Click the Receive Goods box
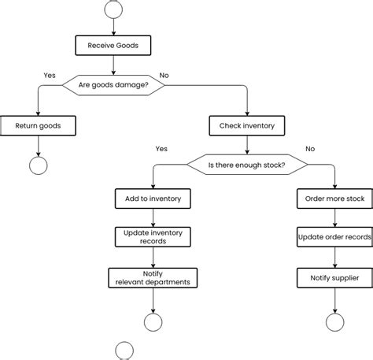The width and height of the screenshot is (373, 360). [113, 46]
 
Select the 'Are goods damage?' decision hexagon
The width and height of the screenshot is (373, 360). [113, 85]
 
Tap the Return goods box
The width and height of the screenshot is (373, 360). [38, 125]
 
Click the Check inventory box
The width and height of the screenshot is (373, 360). [247, 125]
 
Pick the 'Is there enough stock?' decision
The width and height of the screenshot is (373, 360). [246, 165]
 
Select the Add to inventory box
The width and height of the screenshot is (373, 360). [153, 199]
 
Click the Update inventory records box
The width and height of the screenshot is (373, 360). [153, 236]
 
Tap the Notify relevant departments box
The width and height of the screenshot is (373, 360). [153, 277]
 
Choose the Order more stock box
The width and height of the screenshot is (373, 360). [334, 199]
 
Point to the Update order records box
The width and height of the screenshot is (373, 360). [334, 236]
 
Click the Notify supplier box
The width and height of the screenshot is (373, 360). [334, 277]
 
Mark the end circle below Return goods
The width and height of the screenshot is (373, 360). [38, 165]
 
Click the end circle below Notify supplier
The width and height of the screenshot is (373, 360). [334, 322]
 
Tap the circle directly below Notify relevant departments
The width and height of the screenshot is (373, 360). [153, 322]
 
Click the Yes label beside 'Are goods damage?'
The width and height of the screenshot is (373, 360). [49, 76]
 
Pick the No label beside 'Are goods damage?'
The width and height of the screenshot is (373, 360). [164, 76]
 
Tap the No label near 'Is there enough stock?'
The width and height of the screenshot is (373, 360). [309, 148]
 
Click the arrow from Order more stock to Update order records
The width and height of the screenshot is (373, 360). [334, 217]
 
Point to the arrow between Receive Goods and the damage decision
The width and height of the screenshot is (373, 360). [113, 65]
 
